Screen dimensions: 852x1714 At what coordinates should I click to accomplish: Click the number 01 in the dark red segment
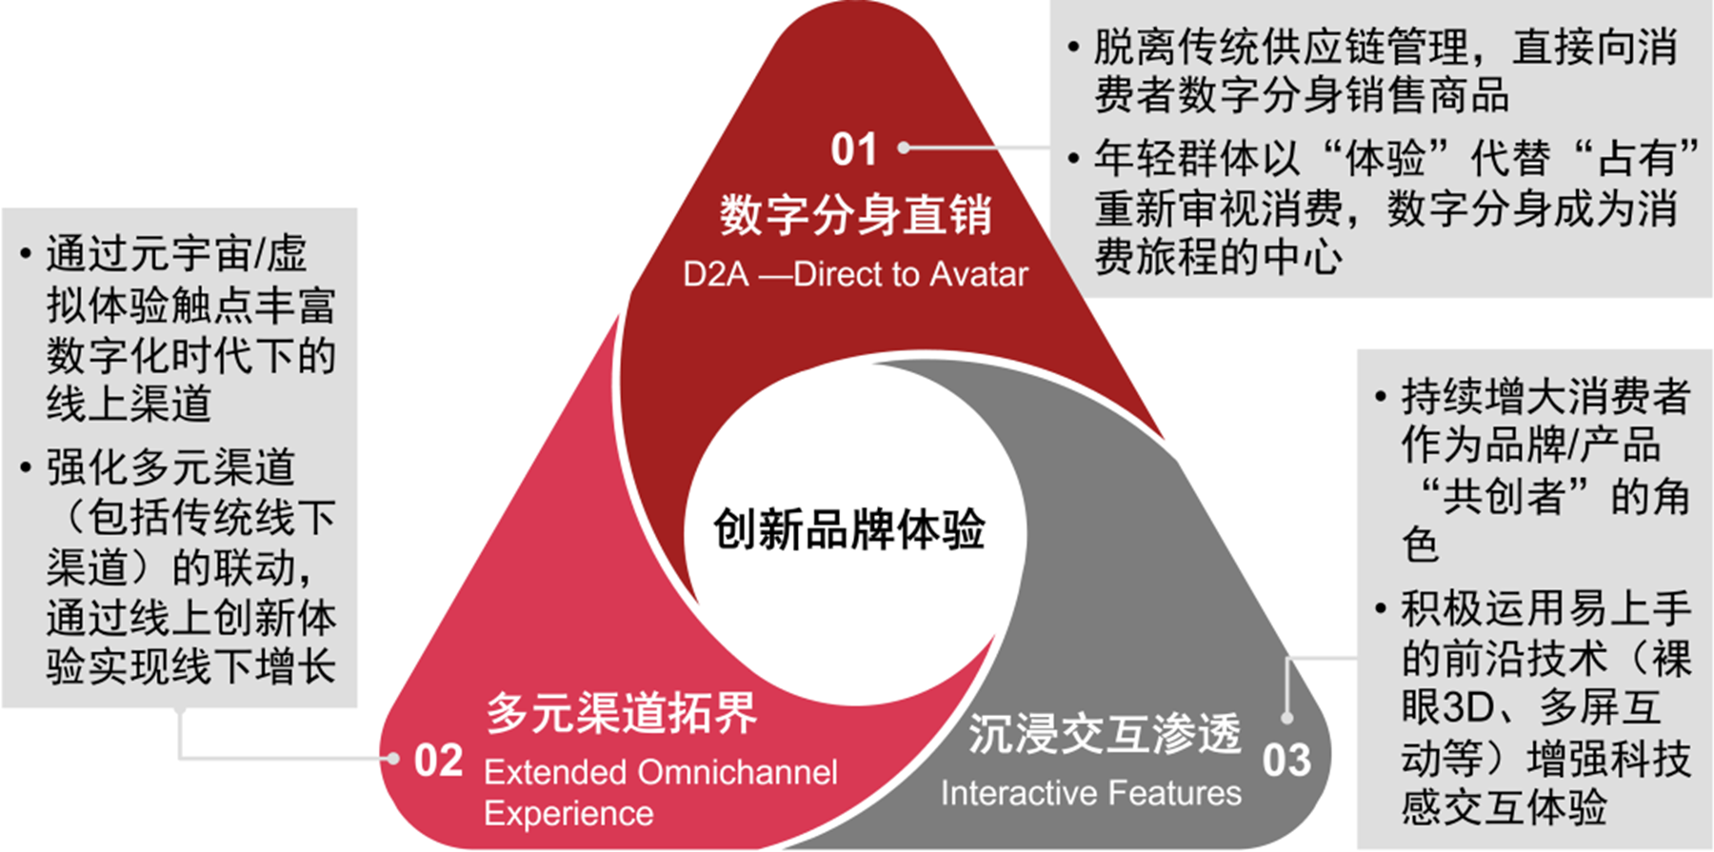[x=852, y=149]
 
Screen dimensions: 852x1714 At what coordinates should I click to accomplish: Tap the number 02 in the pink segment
[x=438, y=761]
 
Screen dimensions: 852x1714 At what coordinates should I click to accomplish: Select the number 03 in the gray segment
[x=1286, y=760]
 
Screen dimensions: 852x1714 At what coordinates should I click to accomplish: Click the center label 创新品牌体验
[x=848, y=529]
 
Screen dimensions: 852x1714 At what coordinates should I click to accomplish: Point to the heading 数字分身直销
[x=855, y=214]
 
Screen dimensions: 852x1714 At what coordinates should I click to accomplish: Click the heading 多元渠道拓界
[x=622, y=712]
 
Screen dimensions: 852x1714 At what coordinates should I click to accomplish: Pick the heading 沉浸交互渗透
[x=1105, y=733]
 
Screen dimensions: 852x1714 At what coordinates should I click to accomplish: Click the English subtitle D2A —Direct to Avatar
[x=855, y=275]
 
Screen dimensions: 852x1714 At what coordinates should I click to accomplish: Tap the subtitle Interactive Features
[x=1090, y=793]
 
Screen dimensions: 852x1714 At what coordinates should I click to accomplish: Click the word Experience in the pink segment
[x=568, y=814]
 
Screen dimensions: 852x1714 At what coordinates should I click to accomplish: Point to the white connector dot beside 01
[x=904, y=148]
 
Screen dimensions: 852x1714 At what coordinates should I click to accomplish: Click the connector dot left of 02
[x=392, y=759]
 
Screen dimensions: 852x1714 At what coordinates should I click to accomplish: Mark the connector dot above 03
[x=1287, y=718]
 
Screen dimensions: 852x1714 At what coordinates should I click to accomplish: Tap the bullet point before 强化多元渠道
[x=27, y=467]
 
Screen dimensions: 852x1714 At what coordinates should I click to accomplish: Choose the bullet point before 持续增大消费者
[x=1381, y=396]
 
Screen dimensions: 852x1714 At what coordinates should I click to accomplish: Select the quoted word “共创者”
[x=1505, y=496]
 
